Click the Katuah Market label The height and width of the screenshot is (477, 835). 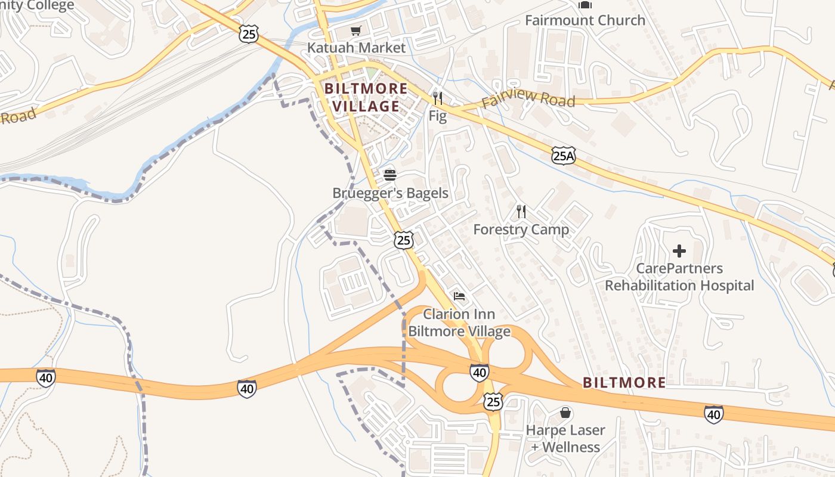(x=356, y=48)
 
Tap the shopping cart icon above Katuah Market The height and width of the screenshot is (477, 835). (x=356, y=30)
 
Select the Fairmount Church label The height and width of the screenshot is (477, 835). (x=584, y=20)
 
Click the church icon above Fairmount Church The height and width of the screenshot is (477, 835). (x=584, y=5)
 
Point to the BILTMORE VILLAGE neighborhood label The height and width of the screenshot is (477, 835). (x=366, y=98)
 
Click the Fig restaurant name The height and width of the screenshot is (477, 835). (x=437, y=116)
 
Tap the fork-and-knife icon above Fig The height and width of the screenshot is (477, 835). (x=438, y=98)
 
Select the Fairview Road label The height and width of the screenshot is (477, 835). (x=528, y=98)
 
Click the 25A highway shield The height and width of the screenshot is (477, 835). (x=563, y=156)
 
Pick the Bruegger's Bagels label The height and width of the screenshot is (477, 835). (x=390, y=193)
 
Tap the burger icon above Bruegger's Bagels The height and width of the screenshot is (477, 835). (x=390, y=175)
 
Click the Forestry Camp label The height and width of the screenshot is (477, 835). (x=521, y=230)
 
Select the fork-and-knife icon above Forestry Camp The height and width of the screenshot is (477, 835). (x=521, y=211)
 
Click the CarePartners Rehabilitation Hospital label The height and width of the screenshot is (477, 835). (x=679, y=277)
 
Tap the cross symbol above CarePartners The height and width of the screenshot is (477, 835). (x=679, y=251)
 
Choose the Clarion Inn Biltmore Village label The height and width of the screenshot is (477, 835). (x=459, y=323)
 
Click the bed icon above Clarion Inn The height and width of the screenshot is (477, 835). (x=459, y=296)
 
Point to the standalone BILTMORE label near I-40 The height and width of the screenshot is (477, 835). (x=624, y=383)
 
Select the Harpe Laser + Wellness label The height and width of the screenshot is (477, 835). (x=565, y=438)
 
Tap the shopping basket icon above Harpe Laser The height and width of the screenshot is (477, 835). (x=565, y=413)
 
